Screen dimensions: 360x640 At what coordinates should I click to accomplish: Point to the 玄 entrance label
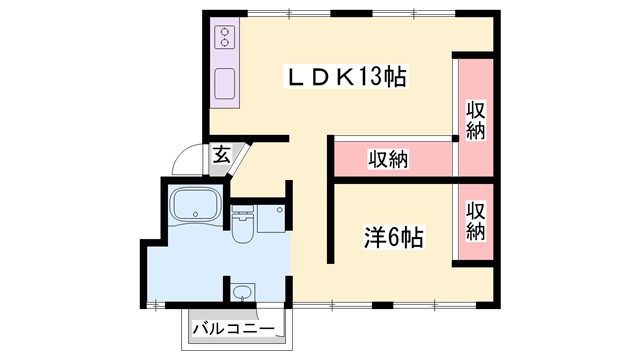point(219,155)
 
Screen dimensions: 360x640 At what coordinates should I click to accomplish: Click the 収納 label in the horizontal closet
point(387,159)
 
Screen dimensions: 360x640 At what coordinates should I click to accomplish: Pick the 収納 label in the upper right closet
point(476,119)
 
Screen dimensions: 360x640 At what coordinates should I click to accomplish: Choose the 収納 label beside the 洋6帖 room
point(476,221)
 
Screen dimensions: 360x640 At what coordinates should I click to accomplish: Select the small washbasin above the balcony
point(241,294)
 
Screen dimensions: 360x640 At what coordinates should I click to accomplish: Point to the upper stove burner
point(223,32)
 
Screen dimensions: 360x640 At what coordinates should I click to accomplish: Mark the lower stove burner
point(223,45)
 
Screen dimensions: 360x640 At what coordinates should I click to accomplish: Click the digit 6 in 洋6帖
point(392,238)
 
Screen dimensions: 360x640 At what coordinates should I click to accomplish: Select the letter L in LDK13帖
point(296,77)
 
